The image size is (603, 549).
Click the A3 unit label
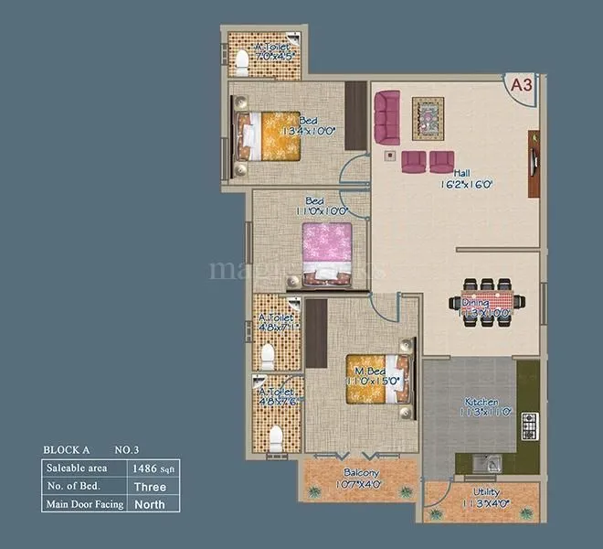(521, 85)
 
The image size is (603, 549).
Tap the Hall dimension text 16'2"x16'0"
(467, 183)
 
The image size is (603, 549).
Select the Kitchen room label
(481, 402)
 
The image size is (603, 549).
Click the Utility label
(481, 493)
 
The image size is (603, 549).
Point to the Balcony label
(362, 472)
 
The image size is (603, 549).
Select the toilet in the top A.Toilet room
(241, 62)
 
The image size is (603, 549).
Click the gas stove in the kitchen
(529, 424)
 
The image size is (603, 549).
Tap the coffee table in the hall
(428, 114)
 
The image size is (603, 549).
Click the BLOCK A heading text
(67, 450)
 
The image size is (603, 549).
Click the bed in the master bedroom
(374, 379)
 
